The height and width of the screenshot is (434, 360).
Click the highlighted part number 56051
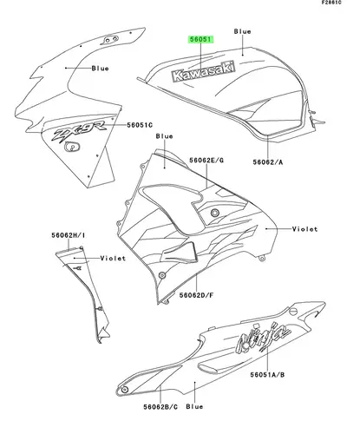coord(201,39)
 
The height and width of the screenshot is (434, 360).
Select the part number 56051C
coord(140,125)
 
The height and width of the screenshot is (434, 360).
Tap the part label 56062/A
coord(268,162)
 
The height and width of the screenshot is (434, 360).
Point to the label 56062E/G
coord(206,160)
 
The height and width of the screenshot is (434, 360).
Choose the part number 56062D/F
coord(196,295)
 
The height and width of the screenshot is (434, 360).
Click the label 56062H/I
coord(69,235)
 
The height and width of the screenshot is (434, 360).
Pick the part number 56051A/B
coord(267,375)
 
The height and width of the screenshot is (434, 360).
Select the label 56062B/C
coord(160,407)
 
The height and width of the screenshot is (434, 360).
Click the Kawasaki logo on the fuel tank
coord(203,71)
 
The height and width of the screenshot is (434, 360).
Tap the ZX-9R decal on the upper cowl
coord(79,131)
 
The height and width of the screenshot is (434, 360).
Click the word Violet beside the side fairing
coord(304,229)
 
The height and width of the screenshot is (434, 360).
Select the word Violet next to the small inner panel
coord(113,258)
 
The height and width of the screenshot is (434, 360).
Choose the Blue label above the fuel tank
coord(242,31)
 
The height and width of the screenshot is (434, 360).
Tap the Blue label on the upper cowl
coord(100,69)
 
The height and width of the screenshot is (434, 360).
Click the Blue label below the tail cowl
coord(194,407)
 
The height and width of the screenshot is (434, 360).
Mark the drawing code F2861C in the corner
coord(331,3)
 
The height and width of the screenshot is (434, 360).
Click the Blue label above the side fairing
coord(164,136)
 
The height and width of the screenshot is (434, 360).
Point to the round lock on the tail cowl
coord(293,312)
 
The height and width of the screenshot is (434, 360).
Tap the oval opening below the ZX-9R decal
coord(72,147)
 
